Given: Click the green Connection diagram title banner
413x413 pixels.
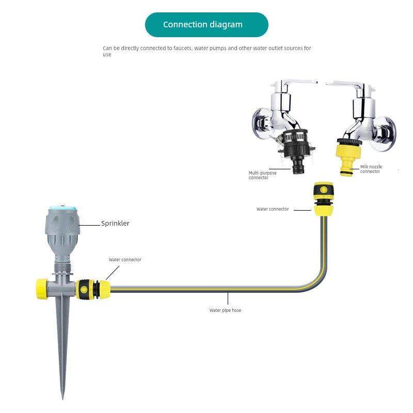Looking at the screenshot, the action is click(206, 25).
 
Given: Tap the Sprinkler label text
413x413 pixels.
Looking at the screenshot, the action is click(115, 224).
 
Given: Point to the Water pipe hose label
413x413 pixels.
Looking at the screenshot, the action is click(225, 310).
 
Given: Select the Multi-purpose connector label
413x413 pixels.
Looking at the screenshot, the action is click(262, 175).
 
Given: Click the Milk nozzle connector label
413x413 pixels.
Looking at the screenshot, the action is click(372, 169).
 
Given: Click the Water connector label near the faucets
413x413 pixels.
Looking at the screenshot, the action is click(273, 209).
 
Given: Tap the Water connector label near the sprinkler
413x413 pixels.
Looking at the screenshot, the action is click(125, 260).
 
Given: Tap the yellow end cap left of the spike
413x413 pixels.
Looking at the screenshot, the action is click(42, 287).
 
